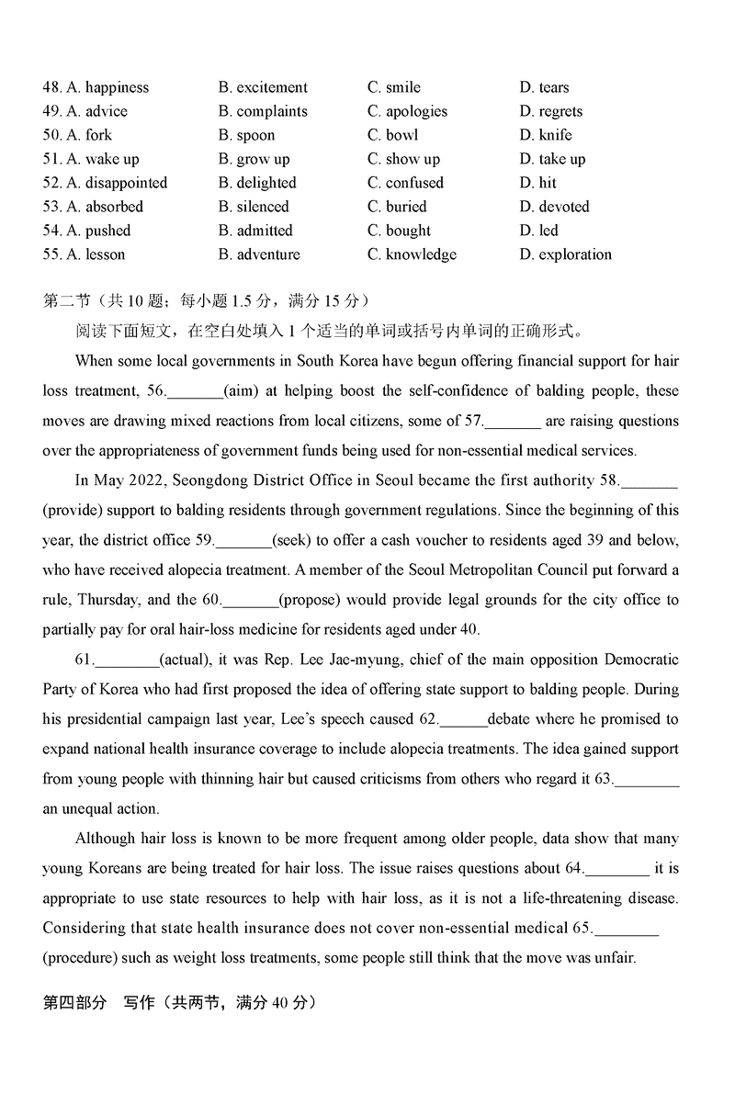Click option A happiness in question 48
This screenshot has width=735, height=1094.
pos(107,87)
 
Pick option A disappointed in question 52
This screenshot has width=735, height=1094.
pos(117,183)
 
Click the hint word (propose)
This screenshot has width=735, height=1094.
pos(311,600)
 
